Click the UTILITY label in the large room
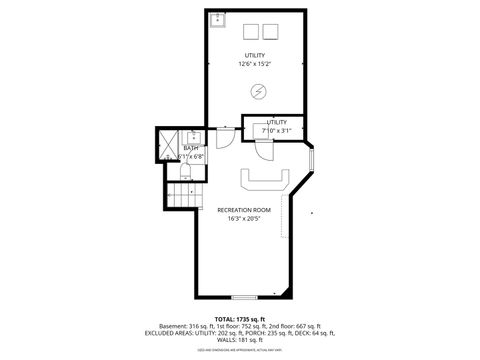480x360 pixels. (x=256, y=55)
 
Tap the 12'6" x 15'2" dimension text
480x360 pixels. (x=256, y=64)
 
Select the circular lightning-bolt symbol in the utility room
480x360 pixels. (x=259, y=92)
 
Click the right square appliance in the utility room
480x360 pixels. (x=271, y=29)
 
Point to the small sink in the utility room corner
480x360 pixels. (x=218, y=18)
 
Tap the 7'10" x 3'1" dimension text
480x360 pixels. (x=276, y=130)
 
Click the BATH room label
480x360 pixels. (x=190, y=148)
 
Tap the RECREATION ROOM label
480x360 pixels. (x=244, y=209)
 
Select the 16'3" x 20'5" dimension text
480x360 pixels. (x=244, y=218)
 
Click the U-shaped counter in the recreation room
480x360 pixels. (x=266, y=180)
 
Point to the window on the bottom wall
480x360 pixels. (x=243, y=297)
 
